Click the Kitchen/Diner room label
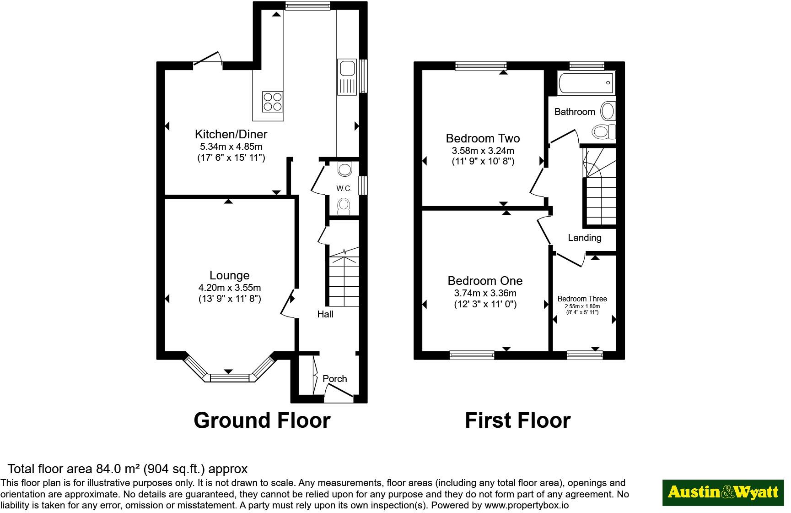231,134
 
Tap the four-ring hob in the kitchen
272,102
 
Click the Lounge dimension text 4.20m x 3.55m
229,288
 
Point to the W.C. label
344,188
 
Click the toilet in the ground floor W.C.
344,206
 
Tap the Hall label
325,314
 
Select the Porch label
334,379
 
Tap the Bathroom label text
575,112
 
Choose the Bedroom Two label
483,138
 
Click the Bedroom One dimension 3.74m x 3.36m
485,293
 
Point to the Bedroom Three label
582,299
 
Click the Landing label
584,238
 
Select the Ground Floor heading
262,420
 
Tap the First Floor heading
517,420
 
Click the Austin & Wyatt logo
723,492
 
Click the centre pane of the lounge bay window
229,378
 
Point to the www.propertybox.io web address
526,506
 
